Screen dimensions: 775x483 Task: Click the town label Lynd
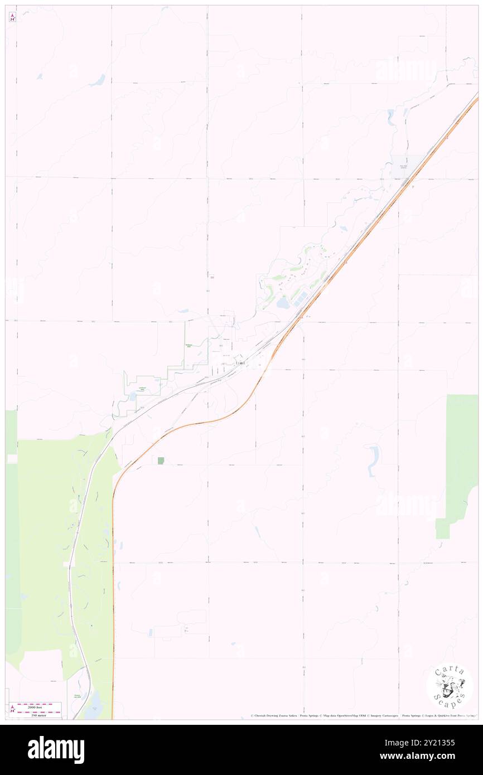[x=240, y=364]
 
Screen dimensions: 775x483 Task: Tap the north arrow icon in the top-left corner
[x=12, y=17]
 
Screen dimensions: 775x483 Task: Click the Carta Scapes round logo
[x=450, y=686]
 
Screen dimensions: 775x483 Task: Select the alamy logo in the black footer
[x=56, y=750]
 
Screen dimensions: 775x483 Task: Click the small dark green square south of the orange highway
[x=161, y=461]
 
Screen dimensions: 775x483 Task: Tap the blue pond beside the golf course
[x=283, y=303]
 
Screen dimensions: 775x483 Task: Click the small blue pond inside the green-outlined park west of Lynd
[x=132, y=396]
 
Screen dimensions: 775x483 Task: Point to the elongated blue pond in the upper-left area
[x=98, y=81]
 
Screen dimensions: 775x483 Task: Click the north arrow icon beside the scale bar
[x=12, y=709]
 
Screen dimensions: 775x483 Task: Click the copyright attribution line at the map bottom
[x=363, y=715]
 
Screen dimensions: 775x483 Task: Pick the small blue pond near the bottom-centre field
[x=151, y=632]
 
